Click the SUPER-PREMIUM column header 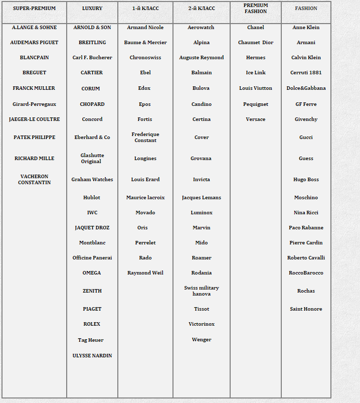pyautogui.click(x=34, y=9)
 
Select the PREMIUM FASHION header pyautogui.click(x=256, y=9)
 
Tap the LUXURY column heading pyautogui.click(x=92, y=9)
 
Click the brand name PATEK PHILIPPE pyautogui.click(x=34, y=138)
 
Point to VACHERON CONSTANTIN pyautogui.click(x=34, y=180)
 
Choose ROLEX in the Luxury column pyautogui.click(x=92, y=324)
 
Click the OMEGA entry pyautogui.click(x=92, y=273)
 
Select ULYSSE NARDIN pyautogui.click(x=92, y=356)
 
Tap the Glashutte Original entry pyautogui.click(x=92, y=159)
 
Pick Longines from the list pyautogui.click(x=145, y=159)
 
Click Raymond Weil pyautogui.click(x=145, y=273)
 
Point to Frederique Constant pyautogui.click(x=145, y=138)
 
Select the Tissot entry pyautogui.click(x=202, y=309)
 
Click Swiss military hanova pyautogui.click(x=202, y=291)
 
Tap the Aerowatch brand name pyautogui.click(x=201, y=28)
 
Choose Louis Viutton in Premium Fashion pyautogui.click(x=256, y=88)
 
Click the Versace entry pyautogui.click(x=256, y=119)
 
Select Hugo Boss pyautogui.click(x=306, y=180)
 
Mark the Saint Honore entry pyautogui.click(x=306, y=309)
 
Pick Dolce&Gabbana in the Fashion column pyautogui.click(x=306, y=88)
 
